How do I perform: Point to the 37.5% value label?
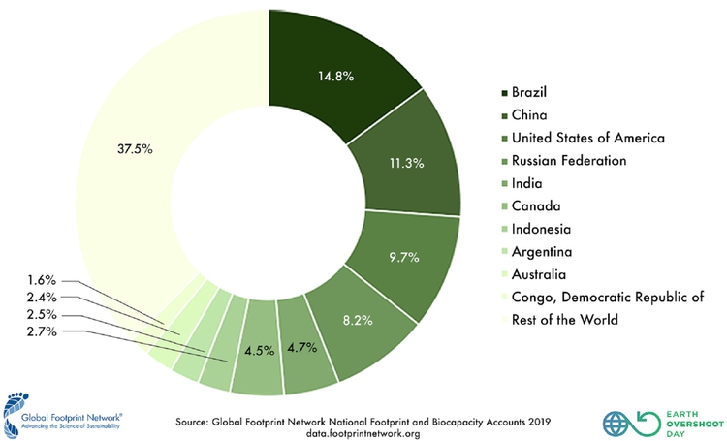[x=135, y=150]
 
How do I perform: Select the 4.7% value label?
[x=304, y=346]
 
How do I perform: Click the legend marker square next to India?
[x=504, y=183]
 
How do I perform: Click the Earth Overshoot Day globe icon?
[x=616, y=424]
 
